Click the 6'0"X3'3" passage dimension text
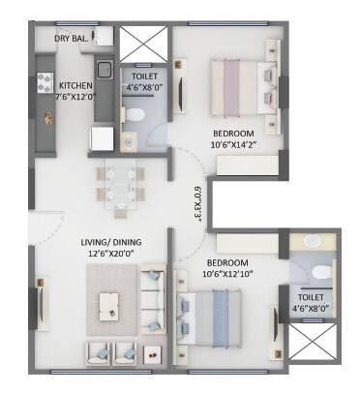pos(198,202)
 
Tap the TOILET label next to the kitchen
pos(144,74)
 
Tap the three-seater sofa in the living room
pos(153,298)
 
